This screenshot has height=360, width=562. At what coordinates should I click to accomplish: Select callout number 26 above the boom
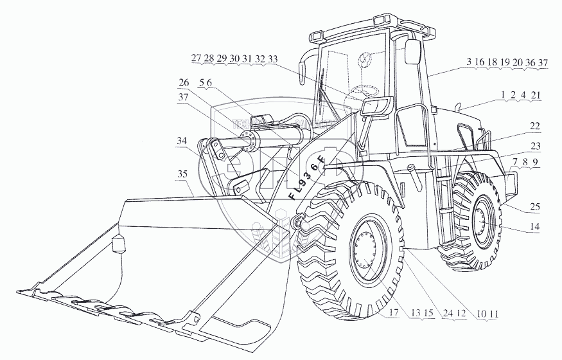pyautogui.click(x=184, y=83)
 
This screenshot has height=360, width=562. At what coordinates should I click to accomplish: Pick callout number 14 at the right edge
pyautogui.click(x=535, y=227)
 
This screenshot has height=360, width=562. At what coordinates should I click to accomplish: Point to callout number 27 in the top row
pyautogui.click(x=197, y=59)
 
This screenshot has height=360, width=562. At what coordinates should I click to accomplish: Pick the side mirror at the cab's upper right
pyautogui.click(x=412, y=51)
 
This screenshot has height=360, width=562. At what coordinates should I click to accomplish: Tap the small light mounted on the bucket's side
pyautogui.click(x=118, y=244)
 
